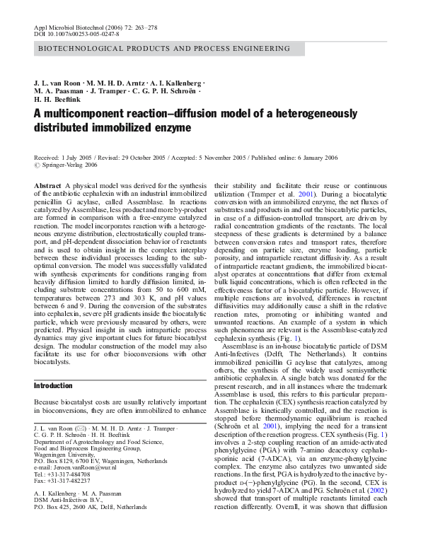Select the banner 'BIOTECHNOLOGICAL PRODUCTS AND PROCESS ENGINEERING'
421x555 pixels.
tap(163, 49)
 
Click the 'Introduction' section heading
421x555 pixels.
tap(53, 385)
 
